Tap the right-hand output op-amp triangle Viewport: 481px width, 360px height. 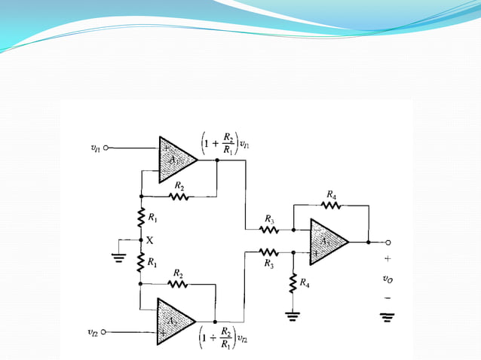(328, 242)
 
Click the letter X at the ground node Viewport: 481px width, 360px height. (149, 240)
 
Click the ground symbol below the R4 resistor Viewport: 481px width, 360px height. (293, 315)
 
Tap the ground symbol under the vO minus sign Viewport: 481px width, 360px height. (388, 317)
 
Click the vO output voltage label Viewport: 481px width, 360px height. (387, 279)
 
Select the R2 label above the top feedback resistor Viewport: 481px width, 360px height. (178, 185)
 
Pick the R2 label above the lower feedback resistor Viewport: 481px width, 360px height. (178, 273)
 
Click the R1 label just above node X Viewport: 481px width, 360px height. (153, 218)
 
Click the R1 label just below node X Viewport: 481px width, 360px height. (153, 263)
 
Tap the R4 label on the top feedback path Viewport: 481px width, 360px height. (331, 194)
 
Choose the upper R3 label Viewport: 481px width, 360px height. (268, 218)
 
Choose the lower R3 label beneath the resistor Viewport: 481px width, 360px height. (268, 264)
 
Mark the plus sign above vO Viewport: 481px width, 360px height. (388, 258)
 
